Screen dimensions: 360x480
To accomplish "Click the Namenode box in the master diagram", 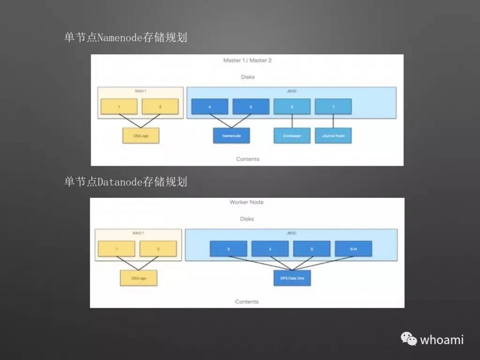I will pyautogui.click(x=231, y=136).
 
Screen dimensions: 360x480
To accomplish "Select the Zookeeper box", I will pyautogui.click(x=292, y=136).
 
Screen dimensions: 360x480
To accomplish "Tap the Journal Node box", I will pyautogui.click(x=333, y=136).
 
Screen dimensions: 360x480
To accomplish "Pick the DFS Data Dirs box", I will pyautogui.click(x=292, y=278).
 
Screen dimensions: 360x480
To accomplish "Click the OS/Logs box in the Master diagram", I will pyautogui.click(x=140, y=136).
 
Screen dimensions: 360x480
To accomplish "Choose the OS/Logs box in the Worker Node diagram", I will pyautogui.click(x=138, y=278).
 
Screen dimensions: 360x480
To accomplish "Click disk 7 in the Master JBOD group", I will pyautogui.click(x=333, y=107).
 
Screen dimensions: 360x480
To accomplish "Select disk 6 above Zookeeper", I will pyautogui.click(x=292, y=107).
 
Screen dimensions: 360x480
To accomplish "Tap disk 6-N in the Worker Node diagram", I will pyautogui.click(x=353, y=249).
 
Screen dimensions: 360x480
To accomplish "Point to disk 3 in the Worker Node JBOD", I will pyautogui.click(x=228, y=249).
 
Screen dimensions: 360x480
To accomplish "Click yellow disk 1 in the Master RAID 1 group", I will pyautogui.click(x=119, y=107).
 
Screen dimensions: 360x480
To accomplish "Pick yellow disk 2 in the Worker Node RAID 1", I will pyautogui.click(x=158, y=249).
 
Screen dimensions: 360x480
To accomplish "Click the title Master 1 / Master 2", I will pyautogui.click(x=247, y=60).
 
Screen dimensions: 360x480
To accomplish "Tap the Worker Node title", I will pyautogui.click(x=247, y=202).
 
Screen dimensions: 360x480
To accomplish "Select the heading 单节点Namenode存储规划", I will pyautogui.click(x=125, y=37).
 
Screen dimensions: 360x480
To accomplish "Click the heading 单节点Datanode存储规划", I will pyautogui.click(x=125, y=182).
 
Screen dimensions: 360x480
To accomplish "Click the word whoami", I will pyautogui.click(x=442, y=340).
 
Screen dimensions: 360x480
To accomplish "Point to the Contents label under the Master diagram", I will pyautogui.click(x=248, y=159).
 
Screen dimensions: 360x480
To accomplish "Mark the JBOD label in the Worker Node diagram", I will pyautogui.click(x=291, y=233).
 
